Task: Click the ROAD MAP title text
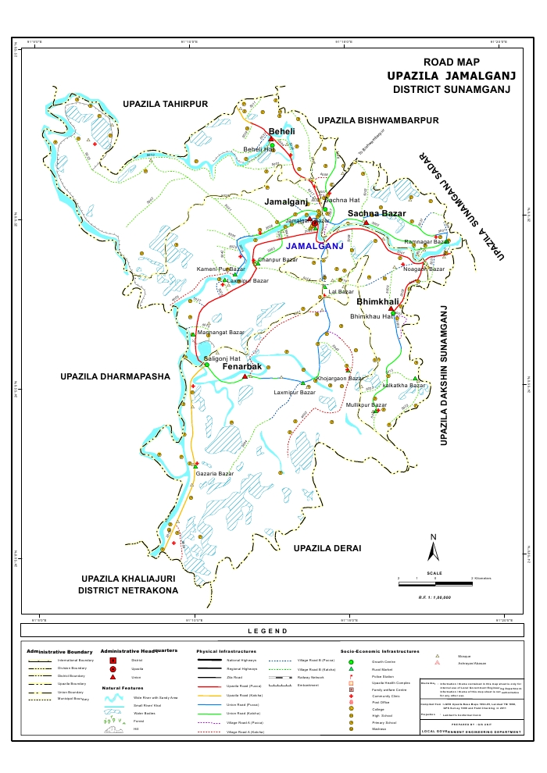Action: (452, 62)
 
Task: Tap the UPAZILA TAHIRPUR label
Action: (166, 104)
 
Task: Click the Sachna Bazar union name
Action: (377, 213)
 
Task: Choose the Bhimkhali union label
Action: (377, 301)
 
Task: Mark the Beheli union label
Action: (281, 131)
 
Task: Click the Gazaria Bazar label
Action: (215, 474)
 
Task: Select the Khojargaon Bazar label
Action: (340, 378)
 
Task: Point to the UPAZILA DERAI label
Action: (327, 549)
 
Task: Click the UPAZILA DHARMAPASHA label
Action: (115, 376)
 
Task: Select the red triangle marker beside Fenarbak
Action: (245, 376)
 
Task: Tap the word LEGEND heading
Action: (268, 631)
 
